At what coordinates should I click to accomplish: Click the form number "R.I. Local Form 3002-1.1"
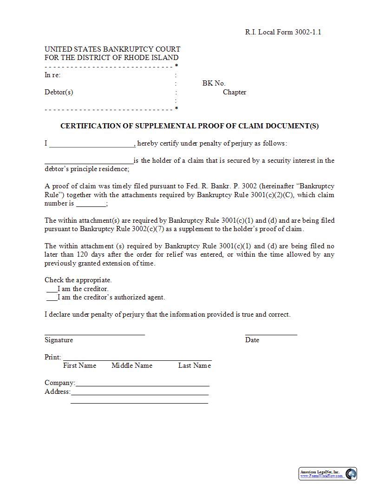point(283,32)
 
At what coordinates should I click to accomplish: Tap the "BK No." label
point(214,83)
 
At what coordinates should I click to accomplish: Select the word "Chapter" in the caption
point(234,92)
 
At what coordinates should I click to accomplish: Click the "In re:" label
point(52,75)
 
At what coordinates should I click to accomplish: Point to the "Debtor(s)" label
point(59,92)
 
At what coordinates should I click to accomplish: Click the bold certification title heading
point(189,126)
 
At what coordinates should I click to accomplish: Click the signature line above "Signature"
point(94,334)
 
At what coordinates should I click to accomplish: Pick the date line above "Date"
point(271,334)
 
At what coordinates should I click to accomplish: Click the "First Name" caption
point(79,365)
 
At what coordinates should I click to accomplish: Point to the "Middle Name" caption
point(132,365)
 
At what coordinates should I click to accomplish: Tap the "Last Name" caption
point(194,365)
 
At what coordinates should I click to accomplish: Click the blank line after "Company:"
point(142,385)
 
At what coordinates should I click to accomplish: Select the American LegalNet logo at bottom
point(327,474)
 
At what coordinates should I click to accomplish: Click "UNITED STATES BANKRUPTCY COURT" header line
point(112,49)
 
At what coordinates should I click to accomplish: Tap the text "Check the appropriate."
point(78,280)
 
